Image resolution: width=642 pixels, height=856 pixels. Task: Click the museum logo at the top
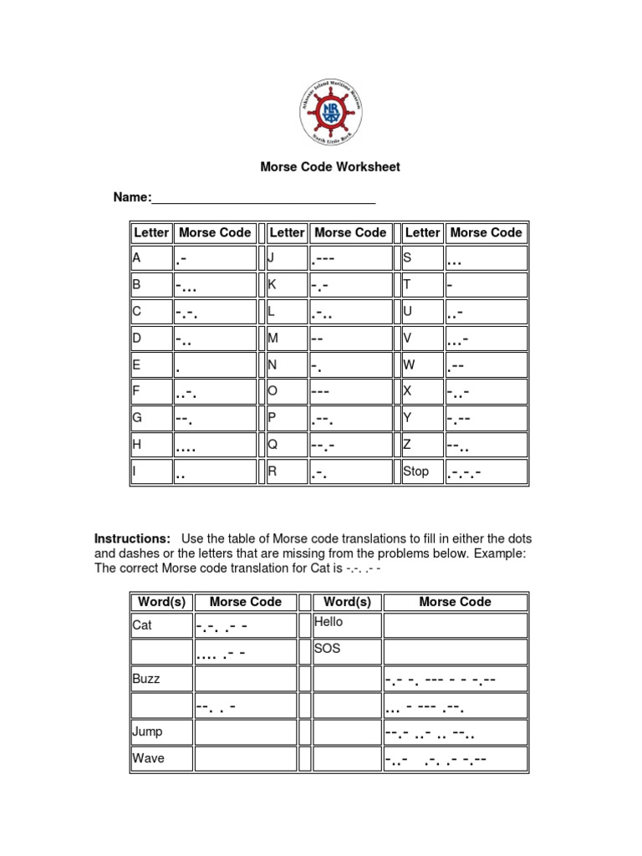pos(331,113)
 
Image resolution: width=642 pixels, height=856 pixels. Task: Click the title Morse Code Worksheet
pos(330,167)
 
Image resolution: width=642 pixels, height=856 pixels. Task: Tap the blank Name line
pos(262,198)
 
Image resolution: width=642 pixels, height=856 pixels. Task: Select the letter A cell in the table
pos(150,258)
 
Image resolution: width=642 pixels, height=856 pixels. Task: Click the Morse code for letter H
pos(215,446)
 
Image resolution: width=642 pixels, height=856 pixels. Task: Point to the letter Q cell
pos(286,446)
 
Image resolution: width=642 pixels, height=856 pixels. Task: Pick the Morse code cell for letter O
pos(350,392)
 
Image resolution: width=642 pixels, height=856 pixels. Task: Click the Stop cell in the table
pos(421,472)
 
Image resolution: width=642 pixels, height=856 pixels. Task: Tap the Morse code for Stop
pos(486,472)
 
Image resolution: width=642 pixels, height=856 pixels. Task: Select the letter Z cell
pos(421,446)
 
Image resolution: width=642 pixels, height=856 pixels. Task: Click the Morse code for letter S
pos(486,258)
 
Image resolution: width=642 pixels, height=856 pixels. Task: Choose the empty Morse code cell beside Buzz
pos(246,679)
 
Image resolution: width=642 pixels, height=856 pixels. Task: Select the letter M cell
pos(286,339)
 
